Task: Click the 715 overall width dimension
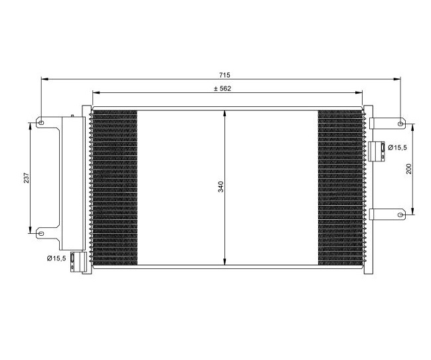(224, 75)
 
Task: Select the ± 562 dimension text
(222, 88)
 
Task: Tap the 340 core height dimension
(221, 187)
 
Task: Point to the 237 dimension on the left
(27, 178)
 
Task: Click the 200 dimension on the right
(409, 169)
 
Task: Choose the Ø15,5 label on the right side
(397, 147)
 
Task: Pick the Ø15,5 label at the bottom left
(56, 258)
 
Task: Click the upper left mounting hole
(41, 123)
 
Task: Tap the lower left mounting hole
(41, 234)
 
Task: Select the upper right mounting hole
(400, 124)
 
